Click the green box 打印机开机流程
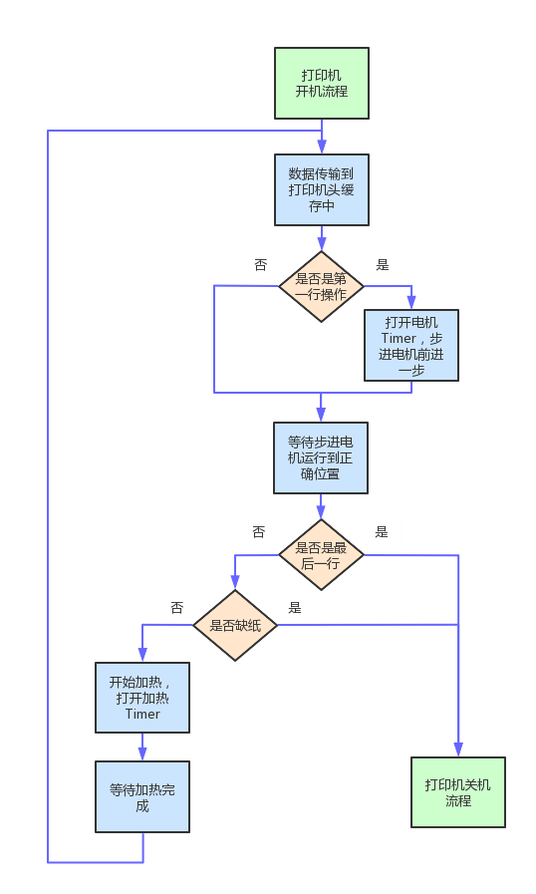coord(322,84)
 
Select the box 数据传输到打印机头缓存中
coord(322,189)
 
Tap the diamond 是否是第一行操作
coord(321,286)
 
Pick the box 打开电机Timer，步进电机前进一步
coord(411,346)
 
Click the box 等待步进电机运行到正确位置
coord(321,457)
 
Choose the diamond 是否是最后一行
coord(321,555)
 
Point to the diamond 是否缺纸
coord(235,626)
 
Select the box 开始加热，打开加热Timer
coord(142,698)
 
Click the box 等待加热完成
coord(142,796)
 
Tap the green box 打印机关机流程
coord(458,792)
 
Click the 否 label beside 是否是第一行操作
coord(261,264)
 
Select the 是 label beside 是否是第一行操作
coord(383,264)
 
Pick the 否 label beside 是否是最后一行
coord(259,532)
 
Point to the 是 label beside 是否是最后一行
coord(382,532)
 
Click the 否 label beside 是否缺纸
coord(177,608)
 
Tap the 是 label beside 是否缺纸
coord(295,608)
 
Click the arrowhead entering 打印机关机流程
coord(458,749)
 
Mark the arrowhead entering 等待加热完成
coord(142,753)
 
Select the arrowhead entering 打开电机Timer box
coord(411,303)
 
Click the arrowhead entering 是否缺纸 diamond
coord(235,583)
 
